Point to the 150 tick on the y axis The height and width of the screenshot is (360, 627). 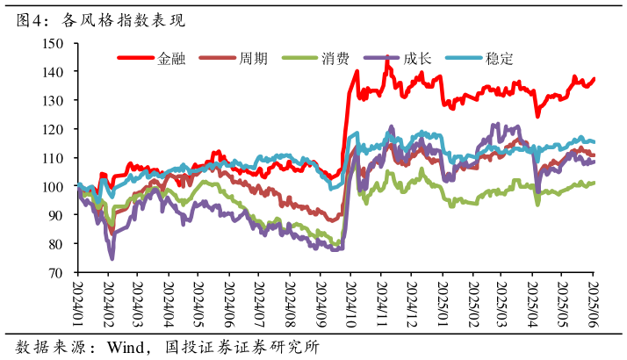click(54, 43)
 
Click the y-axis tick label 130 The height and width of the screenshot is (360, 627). click(54, 100)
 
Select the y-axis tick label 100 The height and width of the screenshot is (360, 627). click(54, 186)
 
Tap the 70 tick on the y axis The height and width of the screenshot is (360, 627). click(57, 272)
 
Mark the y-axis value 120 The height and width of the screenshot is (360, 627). click(54, 129)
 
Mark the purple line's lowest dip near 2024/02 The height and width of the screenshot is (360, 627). click(112, 258)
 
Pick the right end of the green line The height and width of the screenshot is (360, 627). click(595, 183)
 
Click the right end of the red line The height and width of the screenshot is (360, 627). click(595, 79)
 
